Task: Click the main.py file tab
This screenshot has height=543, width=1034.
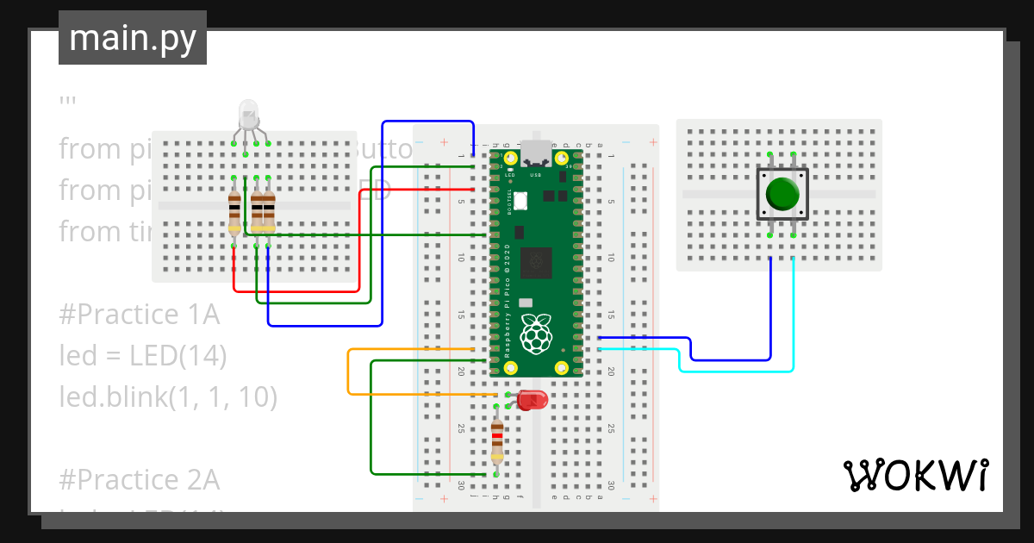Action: click(133, 38)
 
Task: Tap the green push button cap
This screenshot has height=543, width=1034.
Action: click(782, 193)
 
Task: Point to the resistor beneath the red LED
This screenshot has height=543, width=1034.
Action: click(496, 441)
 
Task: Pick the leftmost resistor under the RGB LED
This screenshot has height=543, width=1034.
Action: click(234, 212)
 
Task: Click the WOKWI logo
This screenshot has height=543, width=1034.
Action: click(915, 475)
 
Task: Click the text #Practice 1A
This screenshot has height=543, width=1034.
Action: click(140, 315)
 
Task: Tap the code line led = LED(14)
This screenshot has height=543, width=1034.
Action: click(143, 355)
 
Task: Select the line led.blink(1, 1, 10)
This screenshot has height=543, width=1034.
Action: click(168, 396)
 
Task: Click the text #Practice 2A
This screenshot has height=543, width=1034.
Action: click(140, 479)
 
